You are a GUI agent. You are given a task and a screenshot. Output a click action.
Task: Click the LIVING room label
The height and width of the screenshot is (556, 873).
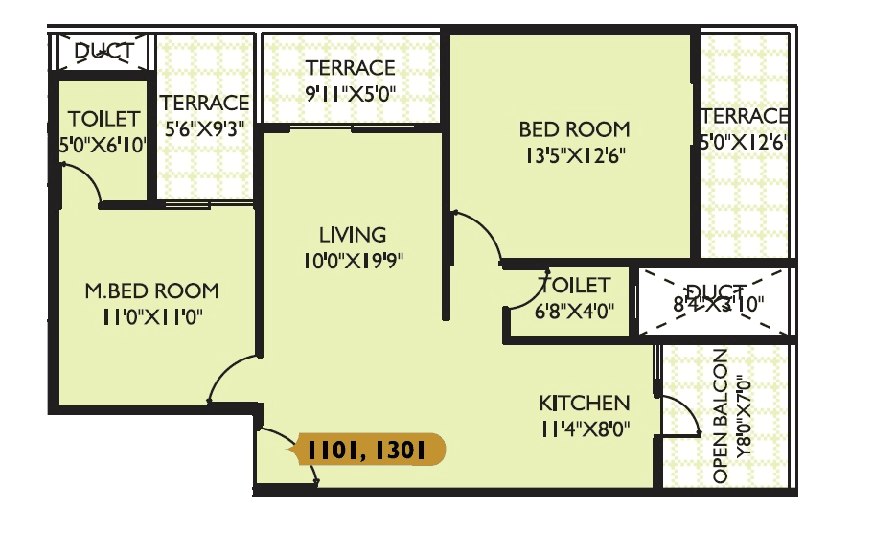coord(353,235)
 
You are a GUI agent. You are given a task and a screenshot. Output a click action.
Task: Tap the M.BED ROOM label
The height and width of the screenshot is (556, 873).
coord(151,290)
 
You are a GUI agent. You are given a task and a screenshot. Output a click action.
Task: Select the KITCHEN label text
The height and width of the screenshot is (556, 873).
coord(584,404)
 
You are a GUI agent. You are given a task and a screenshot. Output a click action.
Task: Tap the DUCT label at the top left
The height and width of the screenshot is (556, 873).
coord(103,51)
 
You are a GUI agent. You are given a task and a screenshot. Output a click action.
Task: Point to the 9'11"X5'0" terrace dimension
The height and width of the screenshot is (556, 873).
coord(350,94)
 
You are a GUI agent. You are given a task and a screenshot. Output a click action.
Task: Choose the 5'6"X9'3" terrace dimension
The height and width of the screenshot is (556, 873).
coord(205,129)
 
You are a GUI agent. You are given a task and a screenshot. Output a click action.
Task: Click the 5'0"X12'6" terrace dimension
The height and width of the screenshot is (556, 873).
coord(745,142)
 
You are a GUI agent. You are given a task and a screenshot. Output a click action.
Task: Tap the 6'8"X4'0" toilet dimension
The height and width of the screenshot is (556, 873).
coord(574,312)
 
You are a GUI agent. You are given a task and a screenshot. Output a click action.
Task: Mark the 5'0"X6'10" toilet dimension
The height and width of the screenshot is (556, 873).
coord(103,146)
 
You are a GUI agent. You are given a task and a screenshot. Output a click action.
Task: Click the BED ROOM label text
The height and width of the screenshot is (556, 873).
coord(574,128)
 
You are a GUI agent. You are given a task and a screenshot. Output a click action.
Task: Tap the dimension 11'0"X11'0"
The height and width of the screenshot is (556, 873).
coord(150,316)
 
